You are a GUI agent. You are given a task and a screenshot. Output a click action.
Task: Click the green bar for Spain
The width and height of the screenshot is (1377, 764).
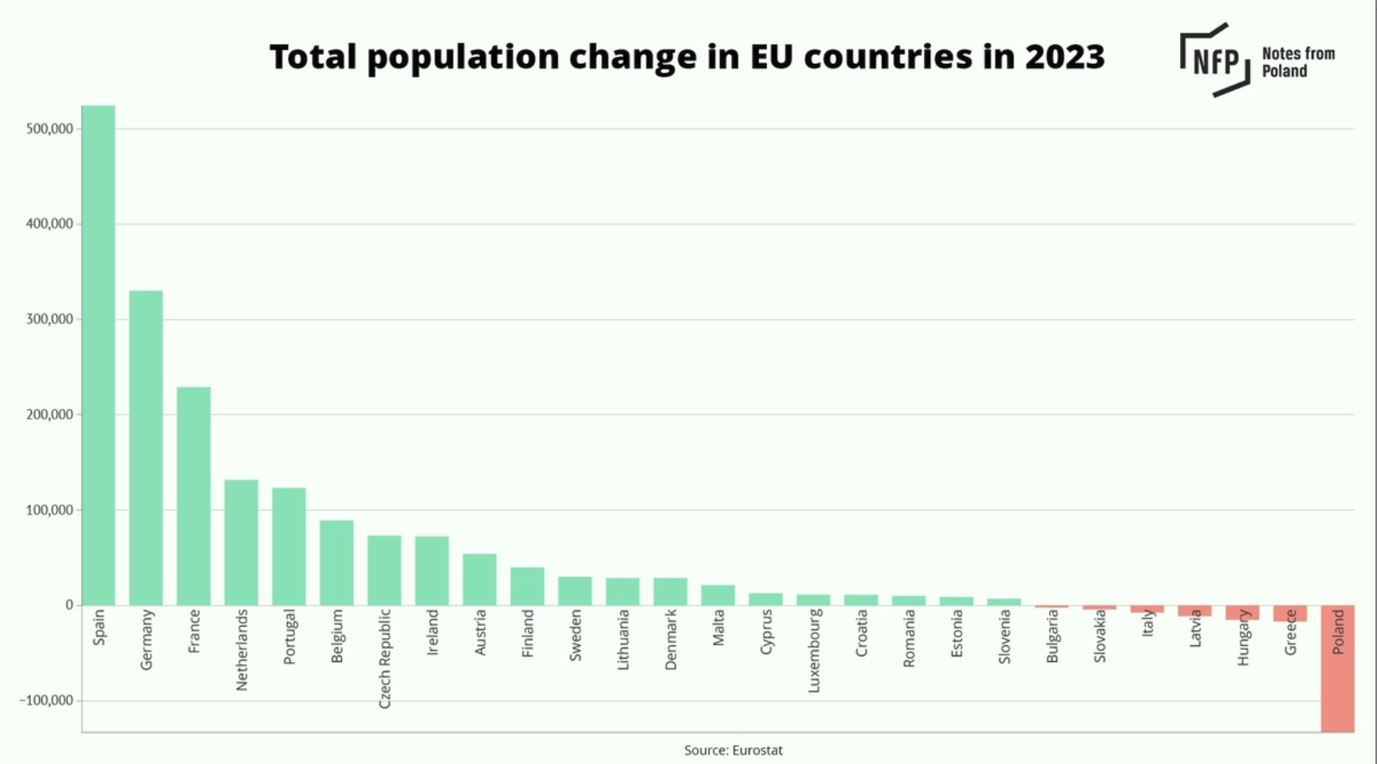pyautogui.click(x=98, y=355)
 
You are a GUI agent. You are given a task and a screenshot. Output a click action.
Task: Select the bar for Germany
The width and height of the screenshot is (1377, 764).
pyautogui.click(x=146, y=447)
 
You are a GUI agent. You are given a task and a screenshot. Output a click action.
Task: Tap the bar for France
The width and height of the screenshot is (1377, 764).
pyautogui.click(x=194, y=496)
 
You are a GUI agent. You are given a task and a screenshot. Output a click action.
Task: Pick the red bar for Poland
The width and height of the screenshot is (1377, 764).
pyautogui.click(x=1337, y=668)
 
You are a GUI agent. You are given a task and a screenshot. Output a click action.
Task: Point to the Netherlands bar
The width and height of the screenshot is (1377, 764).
pyautogui.click(x=241, y=542)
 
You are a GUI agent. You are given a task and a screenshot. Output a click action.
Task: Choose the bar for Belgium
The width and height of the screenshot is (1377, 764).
pyautogui.click(x=336, y=562)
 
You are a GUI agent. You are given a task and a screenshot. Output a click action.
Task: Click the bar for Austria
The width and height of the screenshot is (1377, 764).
pyautogui.click(x=479, y=579)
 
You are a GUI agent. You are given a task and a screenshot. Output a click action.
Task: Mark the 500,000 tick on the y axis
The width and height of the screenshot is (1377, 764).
pyautogui.click(x=49, y=129)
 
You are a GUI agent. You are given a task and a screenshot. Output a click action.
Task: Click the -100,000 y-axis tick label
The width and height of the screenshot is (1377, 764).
pyautogui.click(x=46, y=700)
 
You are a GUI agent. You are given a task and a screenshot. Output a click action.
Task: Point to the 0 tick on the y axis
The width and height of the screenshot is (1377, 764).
pyautogui.click(x=69, y=605)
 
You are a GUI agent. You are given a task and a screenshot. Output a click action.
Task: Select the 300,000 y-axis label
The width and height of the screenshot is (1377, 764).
pyautogui.click(x=49, y=320)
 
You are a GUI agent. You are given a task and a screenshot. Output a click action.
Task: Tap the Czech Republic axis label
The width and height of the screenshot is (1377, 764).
pyautogui.click(x=384, y=659)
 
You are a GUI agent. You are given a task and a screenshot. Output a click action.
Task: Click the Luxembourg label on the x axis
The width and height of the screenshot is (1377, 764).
pyautogui.click(x=813, y=651)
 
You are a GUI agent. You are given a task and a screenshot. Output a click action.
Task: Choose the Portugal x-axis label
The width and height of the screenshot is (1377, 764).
pyautogui.click(x=289, y=636)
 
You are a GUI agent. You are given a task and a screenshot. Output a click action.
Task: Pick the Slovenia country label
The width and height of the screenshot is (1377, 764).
pyautogui.click(x=1004, y=636)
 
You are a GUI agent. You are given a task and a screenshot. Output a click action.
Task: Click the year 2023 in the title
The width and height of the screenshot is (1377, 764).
pyautogui.click(x=1064, y=57)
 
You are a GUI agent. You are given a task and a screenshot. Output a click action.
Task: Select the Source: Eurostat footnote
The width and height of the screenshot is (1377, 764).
pyautogui.click(x=733, y=750)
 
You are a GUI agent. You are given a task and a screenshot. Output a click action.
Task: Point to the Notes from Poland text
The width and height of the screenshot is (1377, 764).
pyautogui.click(x=1297, y=62)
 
